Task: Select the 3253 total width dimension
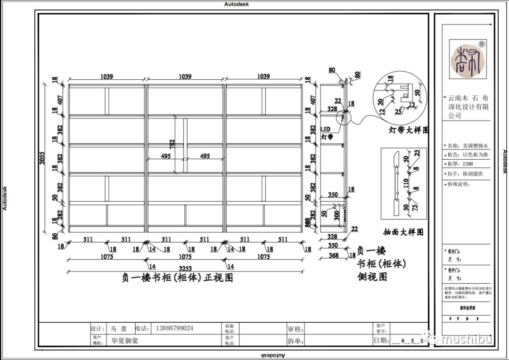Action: pyautogui.click(x=185, y=267)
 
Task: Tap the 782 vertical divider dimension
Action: pyautogui.click(x=172, y=145)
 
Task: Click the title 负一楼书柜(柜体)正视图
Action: pyautogui.click(x=178, y=278)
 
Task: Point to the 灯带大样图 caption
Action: pyautogui.click(x=408, y=130)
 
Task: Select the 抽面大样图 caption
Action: pyautogui.click(x=403, y=232)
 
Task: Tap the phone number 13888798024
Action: pyautogui.click(x=173, y=328)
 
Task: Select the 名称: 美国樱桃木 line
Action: pyautogui.click(x=467, y=146)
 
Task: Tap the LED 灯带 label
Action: pyautogui.click(x=327, y=133)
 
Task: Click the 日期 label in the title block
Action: pyautogui.click(x=380, y=340)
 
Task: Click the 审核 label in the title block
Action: pyautogui.click(x=295, y=328)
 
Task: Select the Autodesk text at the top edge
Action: pyautogui.click(x=237, y=4)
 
